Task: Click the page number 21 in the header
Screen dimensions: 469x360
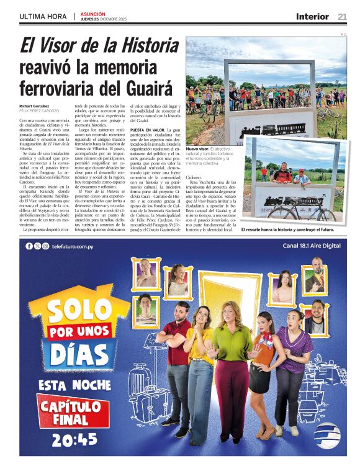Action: coord(342,16)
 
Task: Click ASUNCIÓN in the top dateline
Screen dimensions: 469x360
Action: coord(93,14)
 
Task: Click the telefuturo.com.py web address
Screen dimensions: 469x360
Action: coord(77,246)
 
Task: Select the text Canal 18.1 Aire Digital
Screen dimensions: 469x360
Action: coord(312,246)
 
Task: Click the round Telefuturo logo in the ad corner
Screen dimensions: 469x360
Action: coord(326,436)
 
